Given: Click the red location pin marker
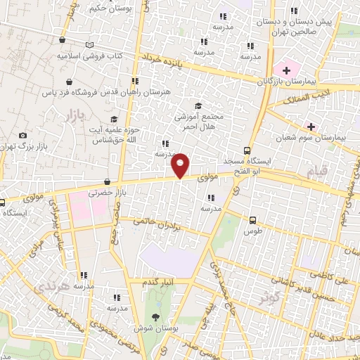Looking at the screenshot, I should pyautogui.click(x=181, y=165).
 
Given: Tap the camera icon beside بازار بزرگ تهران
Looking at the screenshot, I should pyautogui.click(x=23, y=135).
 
